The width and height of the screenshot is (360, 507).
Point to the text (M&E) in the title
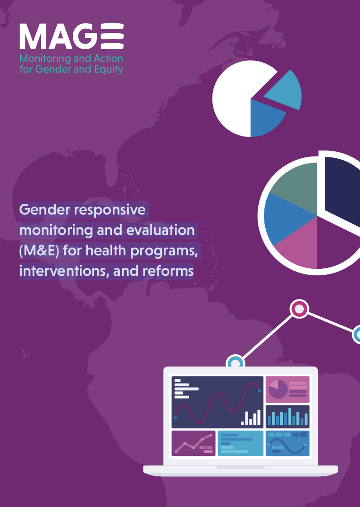point(39,251)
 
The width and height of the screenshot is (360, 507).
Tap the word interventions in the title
point(64,271)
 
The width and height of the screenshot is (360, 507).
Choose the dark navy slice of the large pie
point(342,191)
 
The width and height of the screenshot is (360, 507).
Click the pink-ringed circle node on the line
point(299,309)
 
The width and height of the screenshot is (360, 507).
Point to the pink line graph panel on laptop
point(193,443)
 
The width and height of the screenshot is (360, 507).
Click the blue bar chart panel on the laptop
point(288,417)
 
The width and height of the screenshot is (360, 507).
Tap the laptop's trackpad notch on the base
point(240,467)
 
